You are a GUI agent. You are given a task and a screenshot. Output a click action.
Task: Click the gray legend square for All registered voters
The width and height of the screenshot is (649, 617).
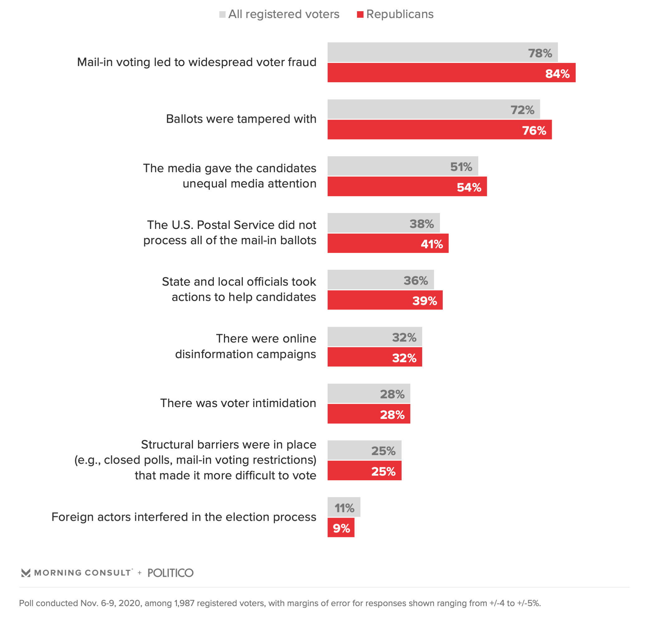tap(222, 14)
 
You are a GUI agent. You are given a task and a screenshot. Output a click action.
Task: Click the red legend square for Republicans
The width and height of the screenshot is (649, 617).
tap(360, 14)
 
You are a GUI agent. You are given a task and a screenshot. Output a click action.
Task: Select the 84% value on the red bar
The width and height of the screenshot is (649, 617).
tap(557, 74)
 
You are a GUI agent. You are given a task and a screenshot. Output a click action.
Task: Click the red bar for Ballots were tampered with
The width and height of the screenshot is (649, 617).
tap(439, 130)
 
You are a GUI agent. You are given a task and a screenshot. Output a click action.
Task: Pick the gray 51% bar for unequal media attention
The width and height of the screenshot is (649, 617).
tap(403, 166)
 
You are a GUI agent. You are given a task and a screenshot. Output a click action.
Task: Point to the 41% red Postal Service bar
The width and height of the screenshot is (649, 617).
tap(388, 243)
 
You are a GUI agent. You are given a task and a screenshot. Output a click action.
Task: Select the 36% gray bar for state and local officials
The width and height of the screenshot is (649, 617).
tap(381, 280)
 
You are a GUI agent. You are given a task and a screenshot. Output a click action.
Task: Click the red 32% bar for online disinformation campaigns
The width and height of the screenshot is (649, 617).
tap(375, 357)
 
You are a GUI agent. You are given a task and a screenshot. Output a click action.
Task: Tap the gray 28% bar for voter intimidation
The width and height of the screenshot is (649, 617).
tap(369, 393)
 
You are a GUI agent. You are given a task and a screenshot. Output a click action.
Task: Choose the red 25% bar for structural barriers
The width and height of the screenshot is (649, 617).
tap(365, 471)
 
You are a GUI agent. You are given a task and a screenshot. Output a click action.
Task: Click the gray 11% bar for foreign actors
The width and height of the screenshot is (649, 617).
tap(344, 507)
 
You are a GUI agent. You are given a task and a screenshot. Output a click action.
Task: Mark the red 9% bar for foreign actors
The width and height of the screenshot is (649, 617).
tap(341, 528)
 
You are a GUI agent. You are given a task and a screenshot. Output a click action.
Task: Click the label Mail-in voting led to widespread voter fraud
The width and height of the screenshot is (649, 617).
tap(197, 62)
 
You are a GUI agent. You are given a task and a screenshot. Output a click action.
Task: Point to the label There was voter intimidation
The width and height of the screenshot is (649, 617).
tap(238, 403)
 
